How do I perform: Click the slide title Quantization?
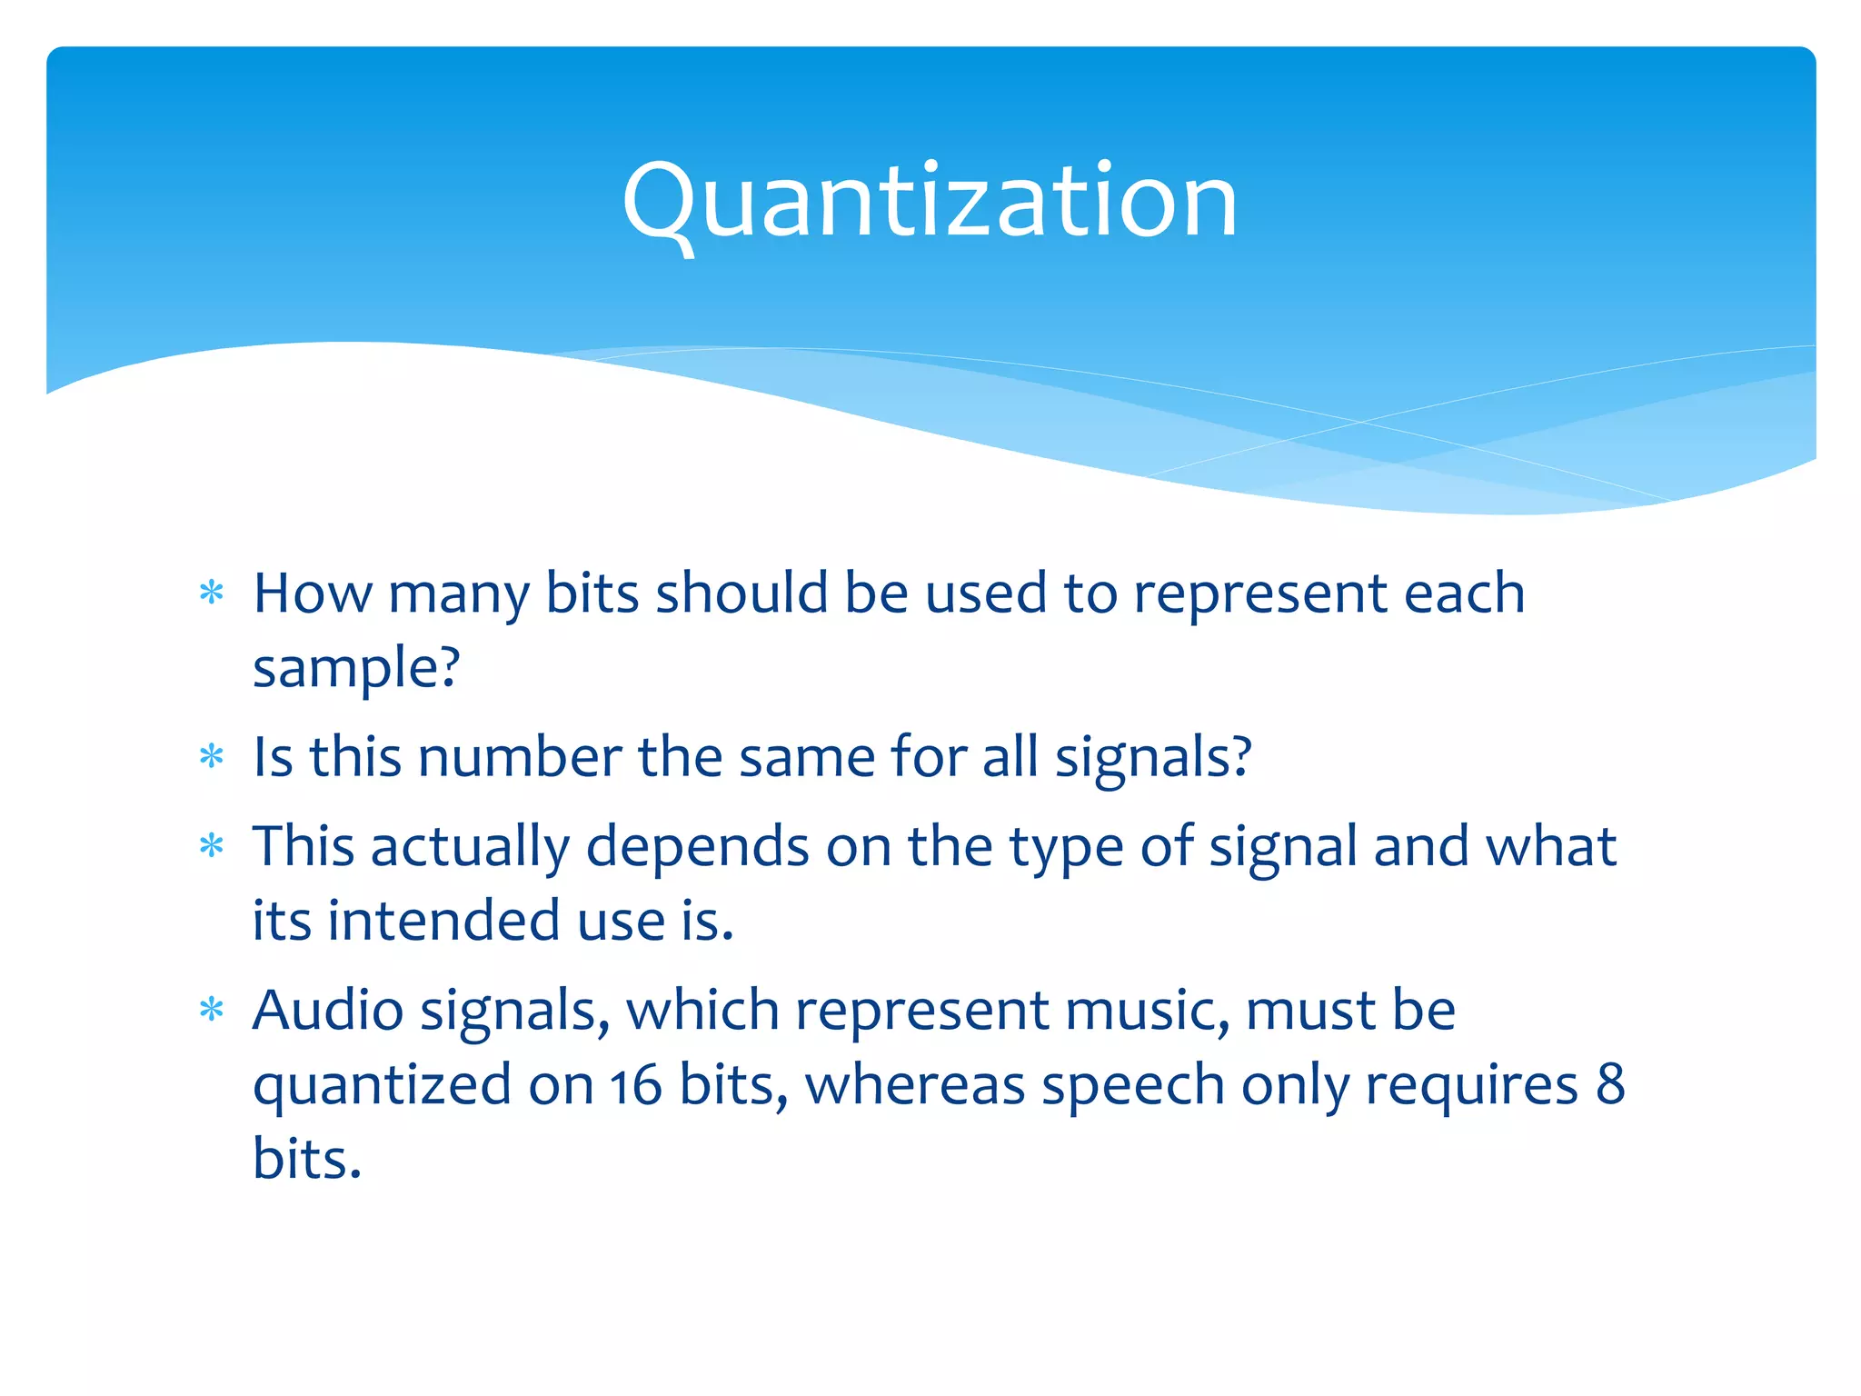(x=930, y=202)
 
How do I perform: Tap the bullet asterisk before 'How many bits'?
(x=212, y=593)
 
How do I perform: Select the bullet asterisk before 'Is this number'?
(x=212, y=756)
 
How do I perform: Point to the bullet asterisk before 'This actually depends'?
(x=212, y=846)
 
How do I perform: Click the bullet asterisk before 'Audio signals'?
(x=212, y=1010)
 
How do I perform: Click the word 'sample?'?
(x=356, y=669)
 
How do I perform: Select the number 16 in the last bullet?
(x=635, y=1085)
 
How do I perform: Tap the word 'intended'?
(x=444, y=921)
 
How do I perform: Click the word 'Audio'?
(x=328, y=1011)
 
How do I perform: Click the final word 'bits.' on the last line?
(x=307, y=1159)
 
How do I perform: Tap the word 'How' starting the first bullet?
(x=312, y=593)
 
